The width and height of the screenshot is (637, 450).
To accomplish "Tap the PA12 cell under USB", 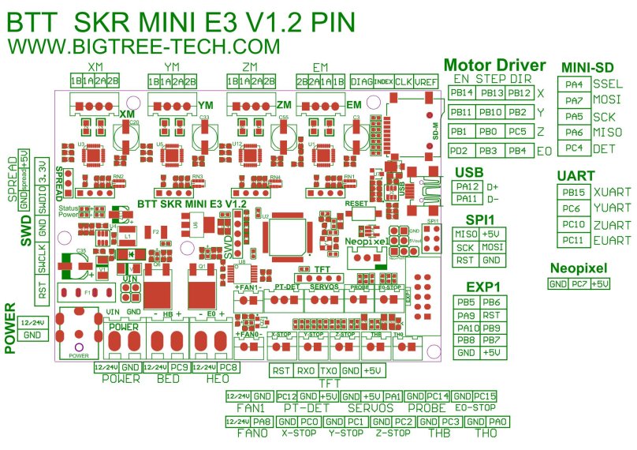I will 468,186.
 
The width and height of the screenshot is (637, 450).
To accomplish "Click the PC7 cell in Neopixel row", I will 579,283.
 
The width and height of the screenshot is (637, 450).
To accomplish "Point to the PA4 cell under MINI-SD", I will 574,84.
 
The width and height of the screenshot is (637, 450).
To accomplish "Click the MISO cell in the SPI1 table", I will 465,234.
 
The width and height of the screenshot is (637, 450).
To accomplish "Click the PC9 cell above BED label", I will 179,368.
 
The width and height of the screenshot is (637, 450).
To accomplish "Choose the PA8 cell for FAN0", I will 263,422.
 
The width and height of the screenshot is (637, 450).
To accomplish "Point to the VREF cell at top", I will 427,81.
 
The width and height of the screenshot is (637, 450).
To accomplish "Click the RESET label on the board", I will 357,204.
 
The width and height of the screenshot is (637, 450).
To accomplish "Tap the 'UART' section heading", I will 576,174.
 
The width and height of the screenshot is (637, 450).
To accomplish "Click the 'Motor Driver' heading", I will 494,65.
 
